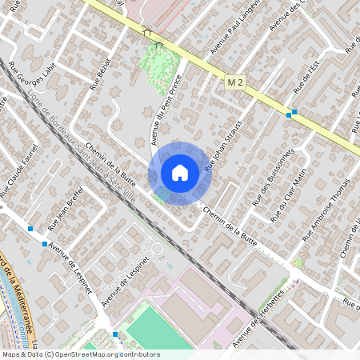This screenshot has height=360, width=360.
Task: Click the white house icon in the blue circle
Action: tap(180, 173)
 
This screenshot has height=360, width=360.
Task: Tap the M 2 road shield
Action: tap(234, 82)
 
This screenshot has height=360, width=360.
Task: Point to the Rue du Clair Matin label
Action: tap(290, 192)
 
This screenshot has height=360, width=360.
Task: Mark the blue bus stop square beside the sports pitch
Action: tap(116, 334)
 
